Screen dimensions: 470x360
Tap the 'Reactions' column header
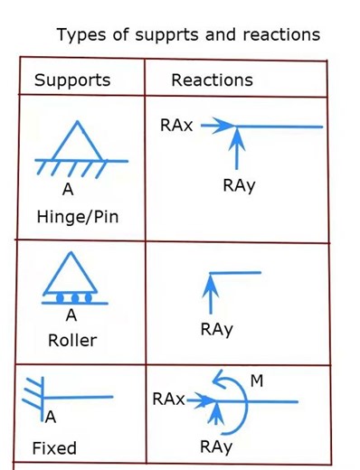click(x=212, y=80)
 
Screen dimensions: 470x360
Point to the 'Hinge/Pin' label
click(x=78, y=217)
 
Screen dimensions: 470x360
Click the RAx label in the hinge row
click(x=176, y=126)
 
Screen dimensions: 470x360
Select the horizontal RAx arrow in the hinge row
click(x=217, y=127)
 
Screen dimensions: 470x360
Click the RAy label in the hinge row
click(x=239, y=185)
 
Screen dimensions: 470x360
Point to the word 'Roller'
click(x=72, y=341)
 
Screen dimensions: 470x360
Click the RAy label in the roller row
click(x=217, y=330)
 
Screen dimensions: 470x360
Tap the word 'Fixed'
click(x=54, y=447)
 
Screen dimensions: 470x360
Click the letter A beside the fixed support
click(x=52, y=417)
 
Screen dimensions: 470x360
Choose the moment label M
click(x=257, y=381)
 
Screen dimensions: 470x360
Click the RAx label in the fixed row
click(x=169, y=399)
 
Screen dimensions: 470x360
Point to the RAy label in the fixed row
click(x=217, y=446)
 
